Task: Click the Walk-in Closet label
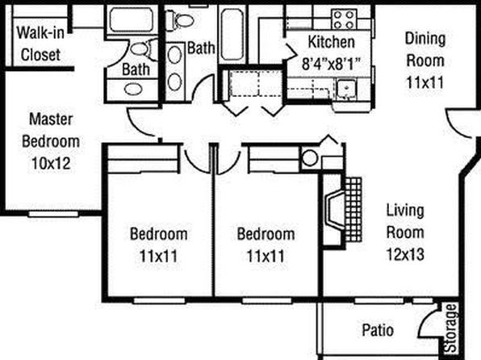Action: pyautogui.click(x=40, y=44)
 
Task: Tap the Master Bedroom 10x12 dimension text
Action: pyautogui.click(x=51, y=164)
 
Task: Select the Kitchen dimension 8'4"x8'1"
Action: pyautogui.click(x=331, y=64)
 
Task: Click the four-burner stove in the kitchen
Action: pyautogui.click(x=344, y=19)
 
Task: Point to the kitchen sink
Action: pyautogui.click(x=346, y=89)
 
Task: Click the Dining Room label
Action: pyautogui.click(x=425, y=49)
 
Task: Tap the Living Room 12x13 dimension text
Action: pyautogui.click(x=405, y=254)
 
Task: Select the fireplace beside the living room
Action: pyautogui.click(x=334, y=210)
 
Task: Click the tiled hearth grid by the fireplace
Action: pyautogui.click(x=353, y=209)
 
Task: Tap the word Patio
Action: pyautogui.click(x=378, y=330)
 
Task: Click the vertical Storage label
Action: pyautogui.click(x=452, y=328)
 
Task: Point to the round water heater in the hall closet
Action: pyautogui.click(x=310, y=157)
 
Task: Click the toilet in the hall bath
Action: pyautogui.click(x=180, y=20)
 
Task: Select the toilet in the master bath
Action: pyautogui.click(x=144, y=48)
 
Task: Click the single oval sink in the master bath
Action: pyautogui.click(x=133, y=90)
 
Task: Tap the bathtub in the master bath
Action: pyautogui.click(x=132, y=19)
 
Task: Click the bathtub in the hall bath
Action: pyautogui.click(x=232, y=35)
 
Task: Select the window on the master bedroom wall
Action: pyautogui.click(x=53, y=214)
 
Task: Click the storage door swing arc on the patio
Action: pyautogui.click(x=428, y=319)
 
